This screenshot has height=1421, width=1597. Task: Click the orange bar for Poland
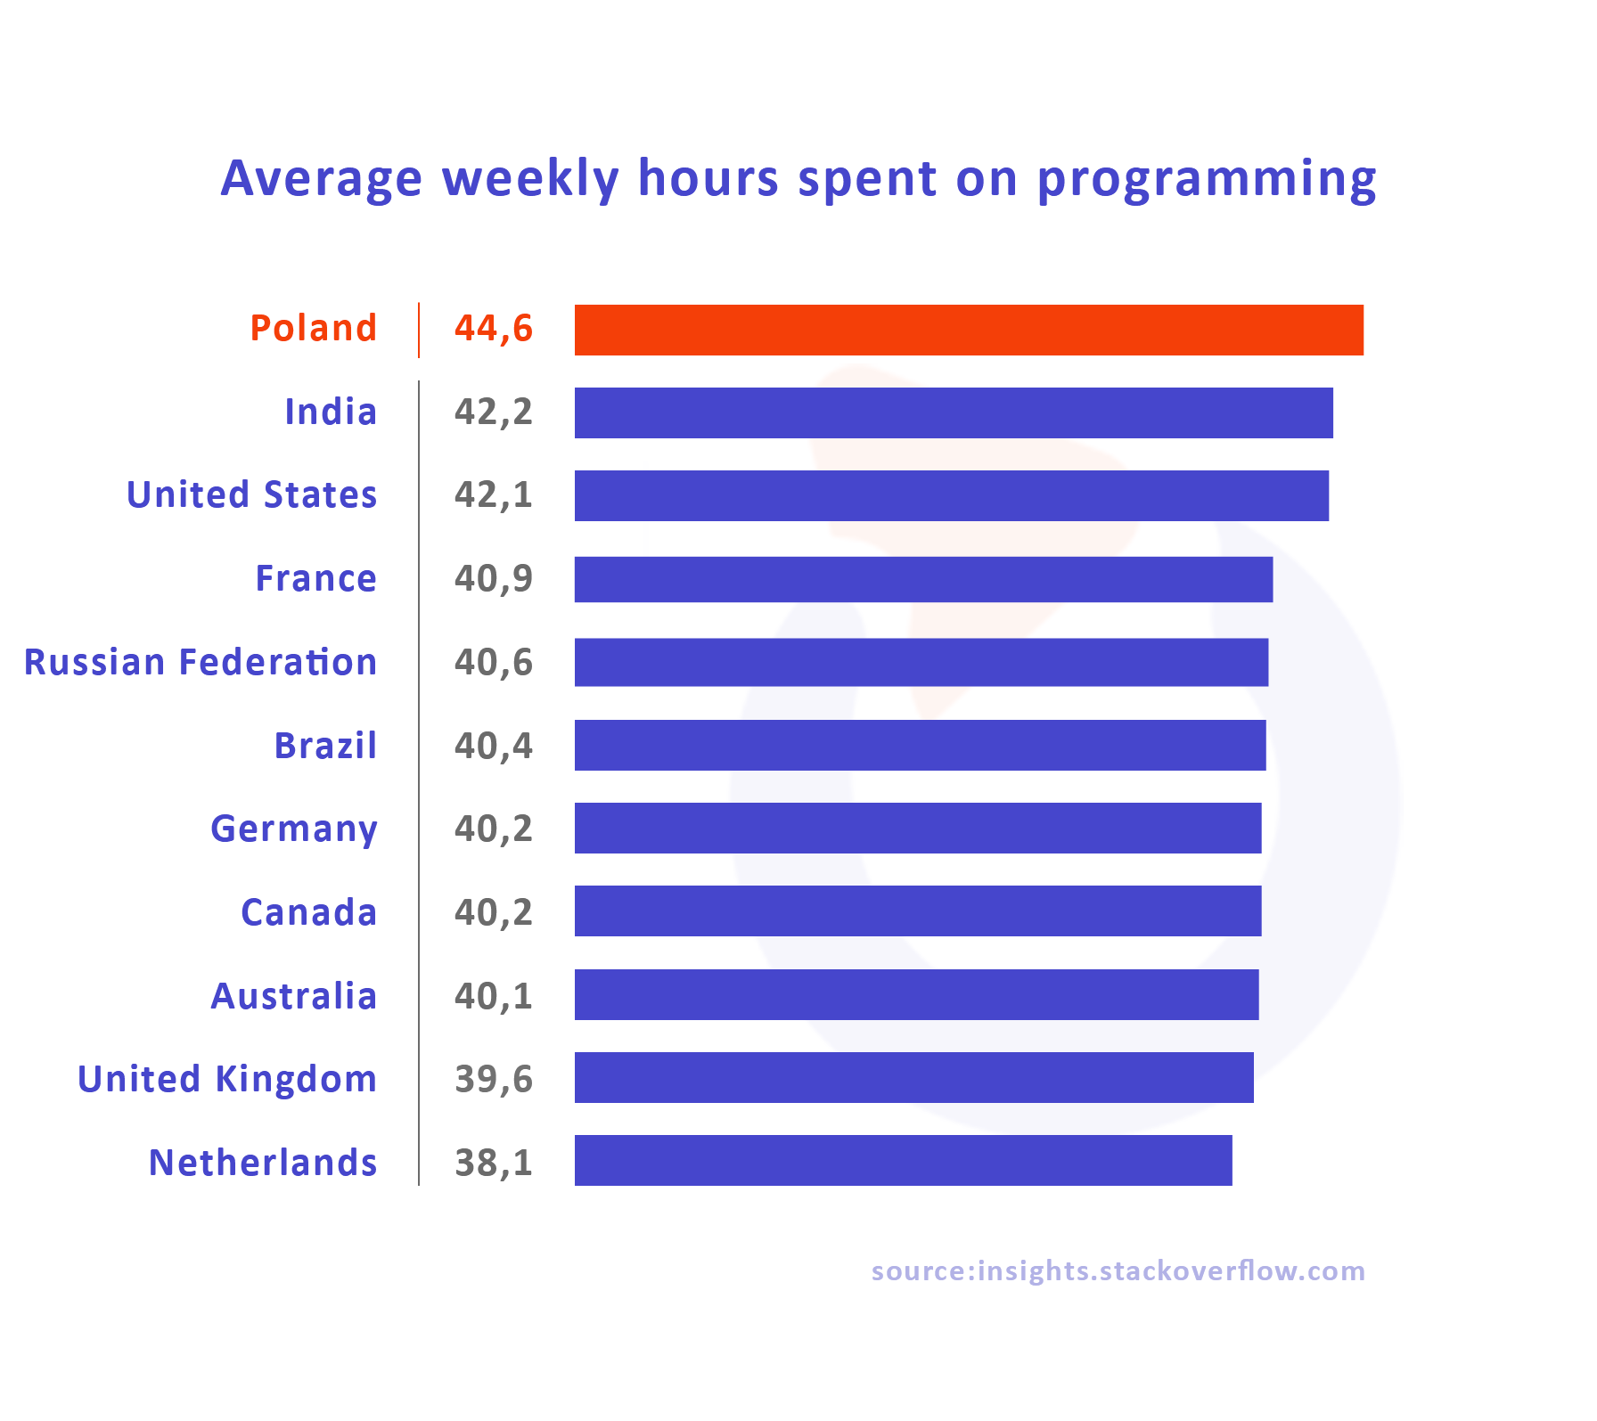tap(969, 330)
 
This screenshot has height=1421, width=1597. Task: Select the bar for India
tap(954, 412)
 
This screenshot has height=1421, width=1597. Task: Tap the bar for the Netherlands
tap(903, 1160)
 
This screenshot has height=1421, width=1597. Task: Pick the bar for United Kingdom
tap(913, 1077)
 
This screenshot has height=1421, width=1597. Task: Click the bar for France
tap(923, 579)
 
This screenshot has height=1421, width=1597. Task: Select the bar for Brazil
tap(920, 745)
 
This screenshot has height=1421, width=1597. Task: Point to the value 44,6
tap(493, 329)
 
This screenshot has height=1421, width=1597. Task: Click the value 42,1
tap(493, 495)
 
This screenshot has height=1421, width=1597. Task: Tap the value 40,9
tap(493, 579)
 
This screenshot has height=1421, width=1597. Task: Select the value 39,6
tap(493, 1079)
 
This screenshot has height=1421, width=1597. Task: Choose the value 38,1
tap(493, 1163)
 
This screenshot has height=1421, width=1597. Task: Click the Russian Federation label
tap(201, 662)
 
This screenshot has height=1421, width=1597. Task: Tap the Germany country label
tap(294, 829)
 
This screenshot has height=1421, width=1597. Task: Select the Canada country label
tap(308, 912)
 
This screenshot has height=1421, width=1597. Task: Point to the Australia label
tap(294, 996)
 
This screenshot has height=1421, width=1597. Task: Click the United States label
tap(252, 495)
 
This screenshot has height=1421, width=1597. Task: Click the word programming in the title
tap(1207, 180)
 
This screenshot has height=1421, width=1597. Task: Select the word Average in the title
tap(321, 178)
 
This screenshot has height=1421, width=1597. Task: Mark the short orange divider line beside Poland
tap(419, 330)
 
